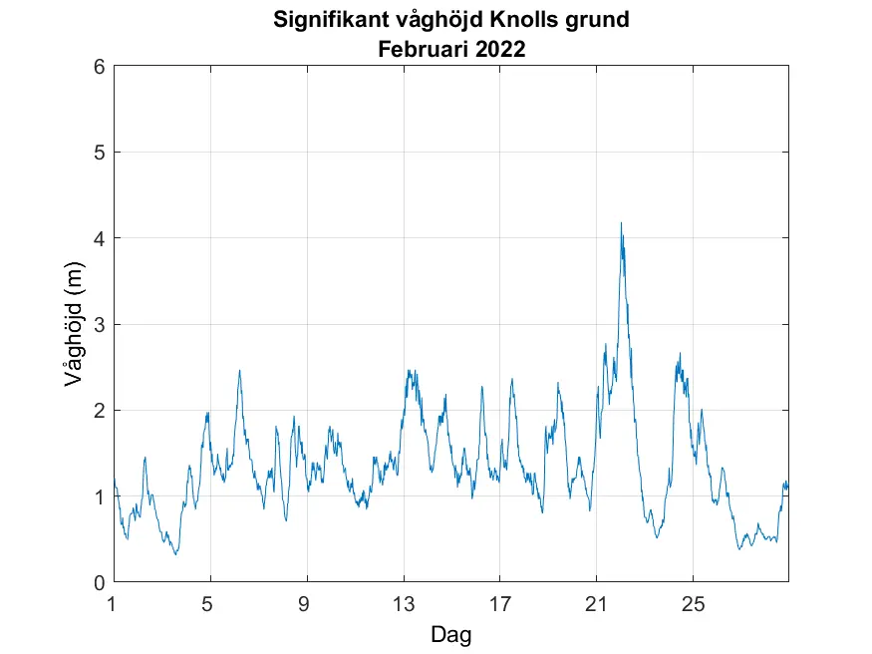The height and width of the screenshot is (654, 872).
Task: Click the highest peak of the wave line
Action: click(x=621, y=223)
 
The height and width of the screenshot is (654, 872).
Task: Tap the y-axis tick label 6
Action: click(x=99, y=67)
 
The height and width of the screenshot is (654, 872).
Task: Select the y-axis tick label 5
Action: click(x=99, y=153)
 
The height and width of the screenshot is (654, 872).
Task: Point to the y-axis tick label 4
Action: click(x=99, y=238)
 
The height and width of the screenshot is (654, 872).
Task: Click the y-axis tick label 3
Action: click(x=99, y=324)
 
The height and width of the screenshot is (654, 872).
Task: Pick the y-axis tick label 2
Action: click(x=99, y=410)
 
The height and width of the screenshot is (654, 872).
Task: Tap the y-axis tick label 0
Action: click(x=99, y=582)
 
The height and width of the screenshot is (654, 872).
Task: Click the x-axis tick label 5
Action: click(x=208, y=603)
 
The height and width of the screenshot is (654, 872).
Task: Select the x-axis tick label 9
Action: click(x=306, y=603)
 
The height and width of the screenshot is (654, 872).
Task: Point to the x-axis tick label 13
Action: click(x=403, y=603)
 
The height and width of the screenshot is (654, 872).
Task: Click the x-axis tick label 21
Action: click(x=596, y=603)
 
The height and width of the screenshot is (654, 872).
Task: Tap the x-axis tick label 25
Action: click(x=693, y=603)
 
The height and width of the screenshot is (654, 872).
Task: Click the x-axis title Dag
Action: click(x=450, y=634)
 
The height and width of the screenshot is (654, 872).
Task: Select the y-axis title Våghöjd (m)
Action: click(x=72, y=324)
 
